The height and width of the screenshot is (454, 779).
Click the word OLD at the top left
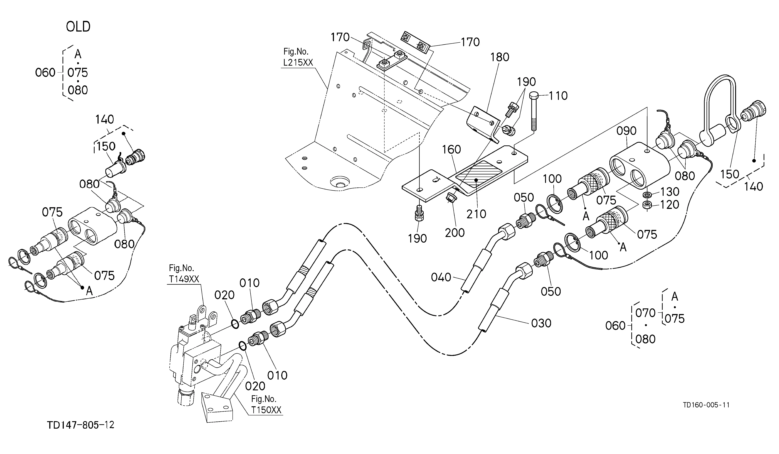(78, 27)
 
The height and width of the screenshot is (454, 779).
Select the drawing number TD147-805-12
(81, 425)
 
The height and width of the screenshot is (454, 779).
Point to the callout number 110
(558, 96)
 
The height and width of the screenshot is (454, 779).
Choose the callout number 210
(476, 214)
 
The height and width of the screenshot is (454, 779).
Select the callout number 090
(626, 131)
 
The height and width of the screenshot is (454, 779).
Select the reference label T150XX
(266, 410)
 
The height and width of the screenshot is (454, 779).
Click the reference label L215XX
(298, 63)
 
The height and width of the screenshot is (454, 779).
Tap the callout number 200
(455, 233)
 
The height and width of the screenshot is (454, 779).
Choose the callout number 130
(670, 192)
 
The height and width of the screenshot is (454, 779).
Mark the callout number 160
(451, 150)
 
